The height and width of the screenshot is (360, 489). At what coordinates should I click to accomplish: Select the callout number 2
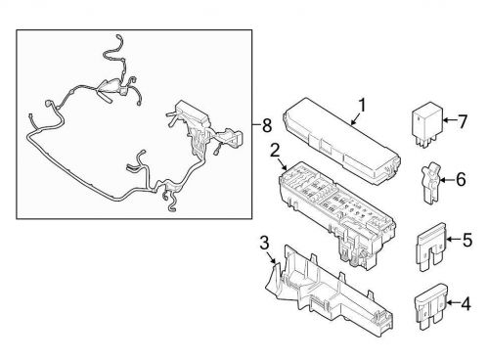point(277,150)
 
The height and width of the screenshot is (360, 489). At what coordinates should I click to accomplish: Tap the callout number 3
point(265,242)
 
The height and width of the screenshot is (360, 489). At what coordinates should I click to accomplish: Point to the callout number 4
point(467,304)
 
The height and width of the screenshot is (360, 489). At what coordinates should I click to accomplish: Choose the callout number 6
point(459,180)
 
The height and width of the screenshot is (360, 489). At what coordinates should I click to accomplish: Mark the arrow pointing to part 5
point(452,240)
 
